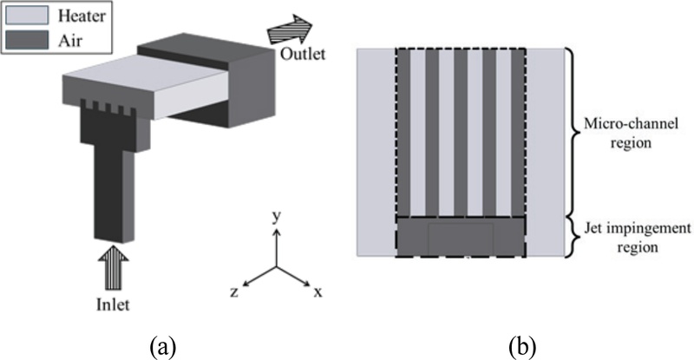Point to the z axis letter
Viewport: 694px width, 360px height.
[x=234, y=293]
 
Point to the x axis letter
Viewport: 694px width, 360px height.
[x=318, y=292]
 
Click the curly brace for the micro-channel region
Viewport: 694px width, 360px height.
[x=574, y=130]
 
